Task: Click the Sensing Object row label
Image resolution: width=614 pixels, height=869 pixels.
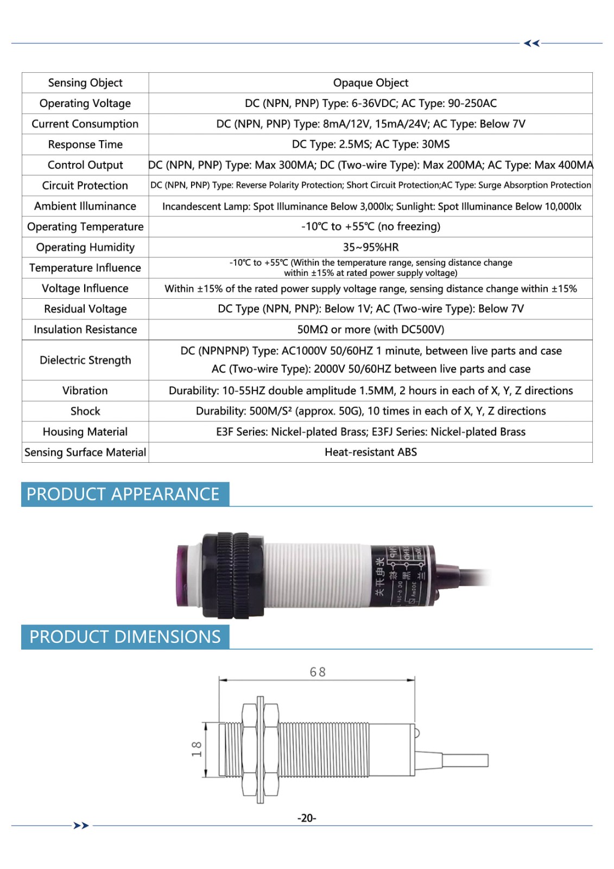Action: pos(85,83)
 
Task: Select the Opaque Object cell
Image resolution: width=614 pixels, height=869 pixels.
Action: pos(370,83)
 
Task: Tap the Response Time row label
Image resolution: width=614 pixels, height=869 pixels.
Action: pos(85,144)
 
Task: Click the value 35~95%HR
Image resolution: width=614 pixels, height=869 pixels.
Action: pos(370,247)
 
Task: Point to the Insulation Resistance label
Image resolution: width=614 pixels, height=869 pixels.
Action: pos(85,330)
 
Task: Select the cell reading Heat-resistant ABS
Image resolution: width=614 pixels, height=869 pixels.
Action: pos(370,452)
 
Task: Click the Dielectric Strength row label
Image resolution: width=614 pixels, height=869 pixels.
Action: pos(85,360)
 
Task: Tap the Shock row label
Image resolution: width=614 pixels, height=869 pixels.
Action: pos(85,411)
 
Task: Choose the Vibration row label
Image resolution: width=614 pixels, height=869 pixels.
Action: pos(85,391)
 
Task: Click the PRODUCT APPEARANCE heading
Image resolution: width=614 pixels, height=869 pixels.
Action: pos(123,494)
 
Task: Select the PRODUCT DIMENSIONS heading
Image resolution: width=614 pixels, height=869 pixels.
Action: pos(125,637)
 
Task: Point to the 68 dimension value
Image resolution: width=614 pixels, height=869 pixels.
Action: pos(318,672)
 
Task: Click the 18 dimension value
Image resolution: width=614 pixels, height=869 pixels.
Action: pos(197,750)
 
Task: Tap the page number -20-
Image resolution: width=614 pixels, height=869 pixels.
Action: pos(307,818)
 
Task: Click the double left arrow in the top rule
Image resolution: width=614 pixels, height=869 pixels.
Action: pos(531,43)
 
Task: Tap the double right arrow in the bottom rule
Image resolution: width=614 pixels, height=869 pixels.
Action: pos(81,826)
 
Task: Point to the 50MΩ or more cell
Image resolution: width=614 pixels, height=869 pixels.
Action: pos(370,330)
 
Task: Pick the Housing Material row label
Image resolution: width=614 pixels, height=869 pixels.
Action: pos(85,432)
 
